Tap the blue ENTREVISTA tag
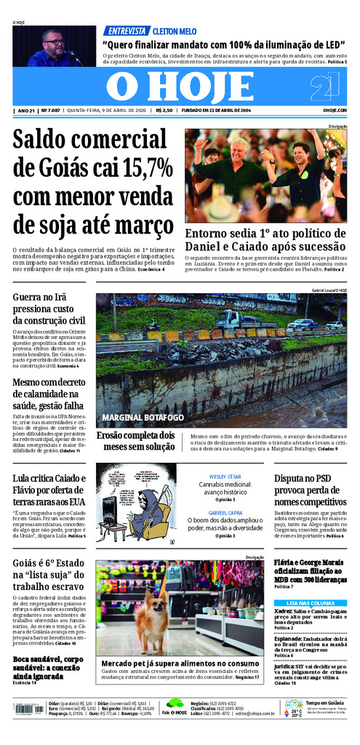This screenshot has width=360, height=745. coord(124,31)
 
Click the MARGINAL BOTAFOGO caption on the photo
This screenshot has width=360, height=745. coord(143,417)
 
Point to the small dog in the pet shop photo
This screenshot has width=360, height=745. coord(151,623)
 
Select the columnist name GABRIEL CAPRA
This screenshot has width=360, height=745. coord(225,513)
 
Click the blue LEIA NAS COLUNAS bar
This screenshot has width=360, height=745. coord(310,602)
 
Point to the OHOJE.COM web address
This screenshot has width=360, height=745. coord(334,111)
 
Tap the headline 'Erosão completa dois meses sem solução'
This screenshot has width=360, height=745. coord(136,440)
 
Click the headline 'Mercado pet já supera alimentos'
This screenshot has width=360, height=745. coord(180,663)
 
